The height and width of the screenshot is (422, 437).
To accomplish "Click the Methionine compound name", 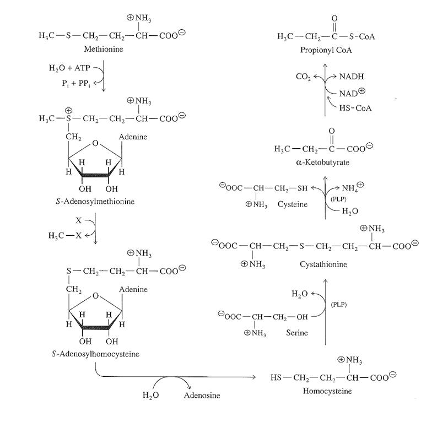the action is coord(104,49).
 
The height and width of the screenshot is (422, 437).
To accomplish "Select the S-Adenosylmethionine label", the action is coord(95,202).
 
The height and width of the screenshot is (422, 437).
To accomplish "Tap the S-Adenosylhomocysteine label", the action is coord(95,354).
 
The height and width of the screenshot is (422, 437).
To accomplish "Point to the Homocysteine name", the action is coord(327,391).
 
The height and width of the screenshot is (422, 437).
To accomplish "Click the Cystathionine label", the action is coord(323,264).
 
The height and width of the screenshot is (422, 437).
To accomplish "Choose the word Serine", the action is coord(297,333).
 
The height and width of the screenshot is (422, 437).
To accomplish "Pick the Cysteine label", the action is coord(293,204).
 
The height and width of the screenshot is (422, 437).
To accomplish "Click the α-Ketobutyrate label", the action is coord(322,162).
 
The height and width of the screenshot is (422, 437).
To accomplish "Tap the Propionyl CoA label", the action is coord(326,50).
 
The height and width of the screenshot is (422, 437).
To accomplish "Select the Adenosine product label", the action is coord(202,395).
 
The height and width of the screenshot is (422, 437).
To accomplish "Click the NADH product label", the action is coord(352,77).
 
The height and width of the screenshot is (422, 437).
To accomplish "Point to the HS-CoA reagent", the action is coord(355,108).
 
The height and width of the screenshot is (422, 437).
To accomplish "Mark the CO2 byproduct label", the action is coord(303,77).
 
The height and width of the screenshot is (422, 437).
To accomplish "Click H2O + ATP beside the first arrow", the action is coord(69,68).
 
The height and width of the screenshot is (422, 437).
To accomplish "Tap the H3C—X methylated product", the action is coord(65,236).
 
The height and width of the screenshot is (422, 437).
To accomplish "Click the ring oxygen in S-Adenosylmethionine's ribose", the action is coord(95,143).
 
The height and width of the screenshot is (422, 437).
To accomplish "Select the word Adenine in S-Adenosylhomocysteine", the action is coord(133,289).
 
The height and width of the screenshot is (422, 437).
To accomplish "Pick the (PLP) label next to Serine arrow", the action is coord(338,305).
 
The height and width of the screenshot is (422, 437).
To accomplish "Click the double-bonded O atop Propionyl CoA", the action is coord(335,18).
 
